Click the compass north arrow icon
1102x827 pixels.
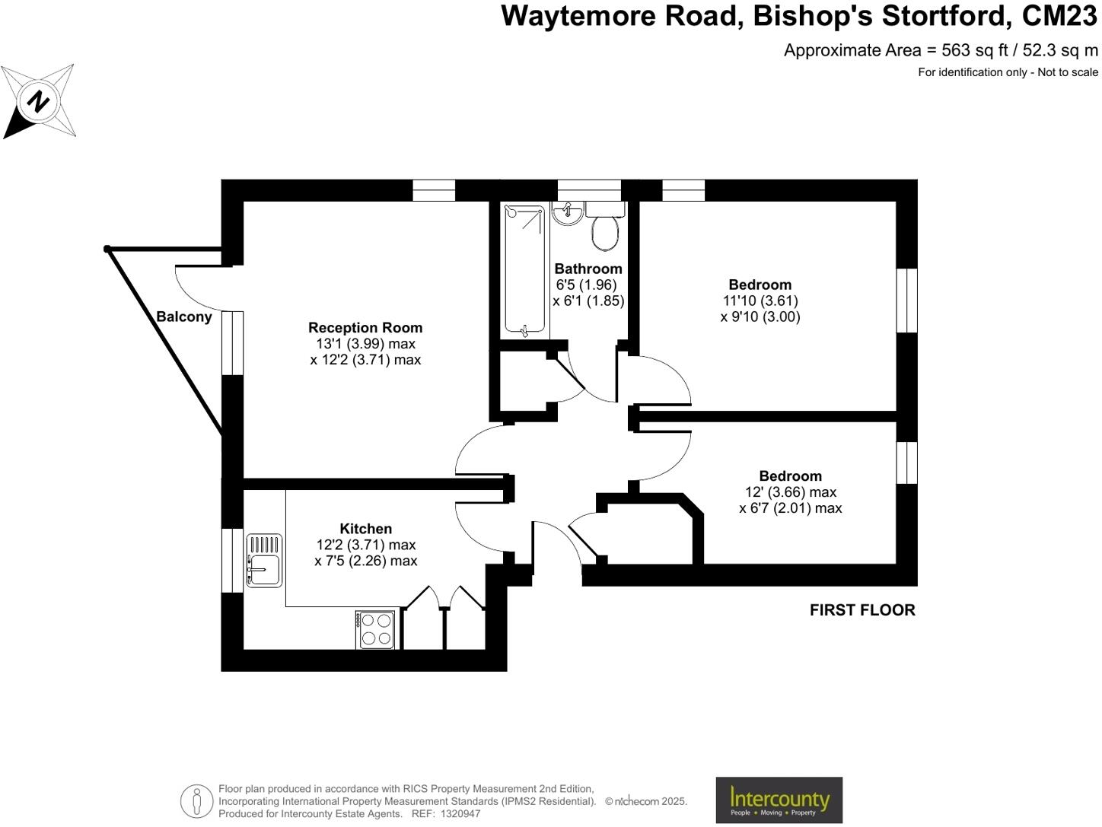[x=38, y=101]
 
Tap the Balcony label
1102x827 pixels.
[x=183, y=316]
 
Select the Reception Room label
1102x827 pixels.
[x=365, y=328]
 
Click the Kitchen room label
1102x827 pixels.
[x=365, y=529]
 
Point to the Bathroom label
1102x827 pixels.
[x=588, y=269]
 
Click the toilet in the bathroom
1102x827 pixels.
[x=606, y=229]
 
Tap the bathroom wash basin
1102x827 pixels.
[x=567, y=213]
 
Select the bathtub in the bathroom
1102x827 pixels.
[x=525, y=270]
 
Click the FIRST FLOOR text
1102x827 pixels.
[x=862, y=610]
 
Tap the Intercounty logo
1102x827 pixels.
[x=779, y=800]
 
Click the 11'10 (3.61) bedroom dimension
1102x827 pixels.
[x=760, y=301]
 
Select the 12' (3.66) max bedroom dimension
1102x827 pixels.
[x=790, y=492]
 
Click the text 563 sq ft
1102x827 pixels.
[x=975, y=50]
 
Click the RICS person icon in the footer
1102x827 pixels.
[x=197, y=800]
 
